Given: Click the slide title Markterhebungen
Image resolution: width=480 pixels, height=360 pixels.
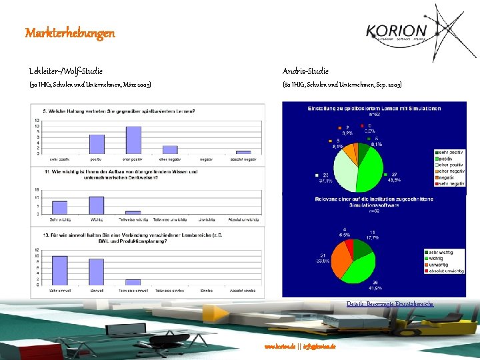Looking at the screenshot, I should point(70,33).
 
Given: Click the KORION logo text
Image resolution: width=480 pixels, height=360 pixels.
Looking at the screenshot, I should point(396,31).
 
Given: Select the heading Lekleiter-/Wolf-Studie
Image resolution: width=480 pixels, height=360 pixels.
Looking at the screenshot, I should point(66,70).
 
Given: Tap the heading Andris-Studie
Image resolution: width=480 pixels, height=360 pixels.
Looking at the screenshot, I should point(305,70).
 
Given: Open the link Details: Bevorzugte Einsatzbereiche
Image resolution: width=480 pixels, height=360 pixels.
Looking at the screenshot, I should point(389,304).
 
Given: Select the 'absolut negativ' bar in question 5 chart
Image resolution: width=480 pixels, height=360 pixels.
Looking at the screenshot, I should point(243,152).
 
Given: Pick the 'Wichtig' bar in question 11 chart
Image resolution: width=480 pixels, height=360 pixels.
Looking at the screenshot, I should point(97,205).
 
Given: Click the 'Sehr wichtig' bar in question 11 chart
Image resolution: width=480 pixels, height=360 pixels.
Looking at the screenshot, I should point(60,207).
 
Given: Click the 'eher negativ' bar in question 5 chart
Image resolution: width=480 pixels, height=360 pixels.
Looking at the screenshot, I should point(170,149).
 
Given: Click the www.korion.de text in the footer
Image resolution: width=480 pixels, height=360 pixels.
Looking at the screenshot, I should point(279,347).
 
